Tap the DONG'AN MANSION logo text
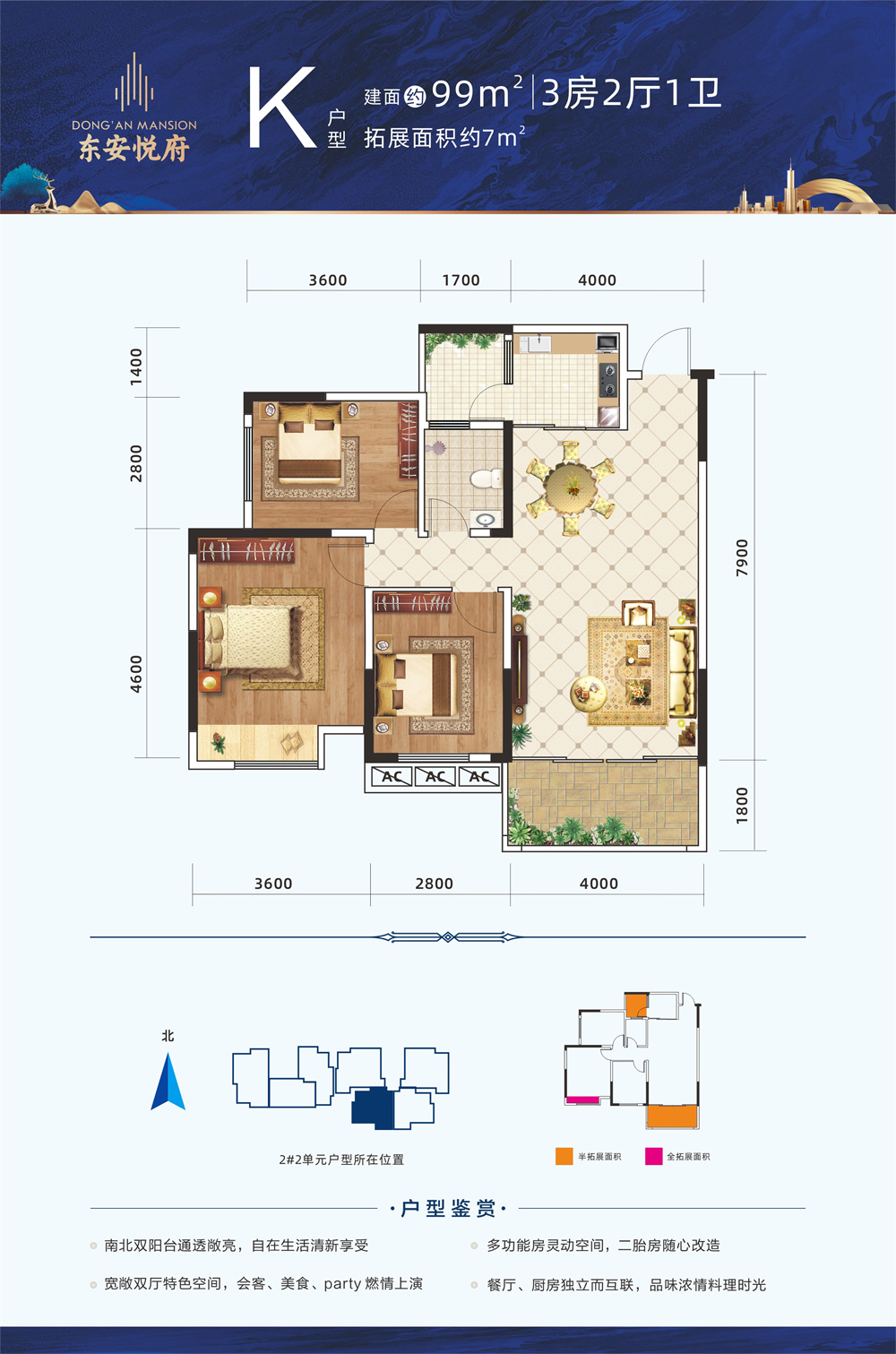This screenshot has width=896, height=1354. pos(134,125)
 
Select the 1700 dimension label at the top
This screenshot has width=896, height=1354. pos(461,280)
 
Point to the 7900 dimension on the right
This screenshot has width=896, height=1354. pos(742,557)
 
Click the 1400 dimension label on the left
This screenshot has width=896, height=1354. pos(136,367)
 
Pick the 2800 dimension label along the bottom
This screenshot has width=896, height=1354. pos(434,884)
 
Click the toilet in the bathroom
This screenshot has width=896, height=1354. pos(487,479)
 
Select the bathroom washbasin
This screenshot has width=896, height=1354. pos(486,519)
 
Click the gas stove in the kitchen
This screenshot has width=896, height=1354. pos(608,380)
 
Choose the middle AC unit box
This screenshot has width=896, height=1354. pos(435,777)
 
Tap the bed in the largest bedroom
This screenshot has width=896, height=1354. pos(254,637)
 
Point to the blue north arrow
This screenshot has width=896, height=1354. pos(168,1082)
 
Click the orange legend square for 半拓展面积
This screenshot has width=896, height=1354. pos(564,1156)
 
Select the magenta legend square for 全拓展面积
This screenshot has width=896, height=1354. pos(653,1156)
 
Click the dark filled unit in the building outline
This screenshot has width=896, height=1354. pos(373,1108)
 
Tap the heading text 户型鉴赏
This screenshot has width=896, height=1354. pos(448,1208)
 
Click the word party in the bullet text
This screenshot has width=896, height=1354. pos(342,1284)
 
